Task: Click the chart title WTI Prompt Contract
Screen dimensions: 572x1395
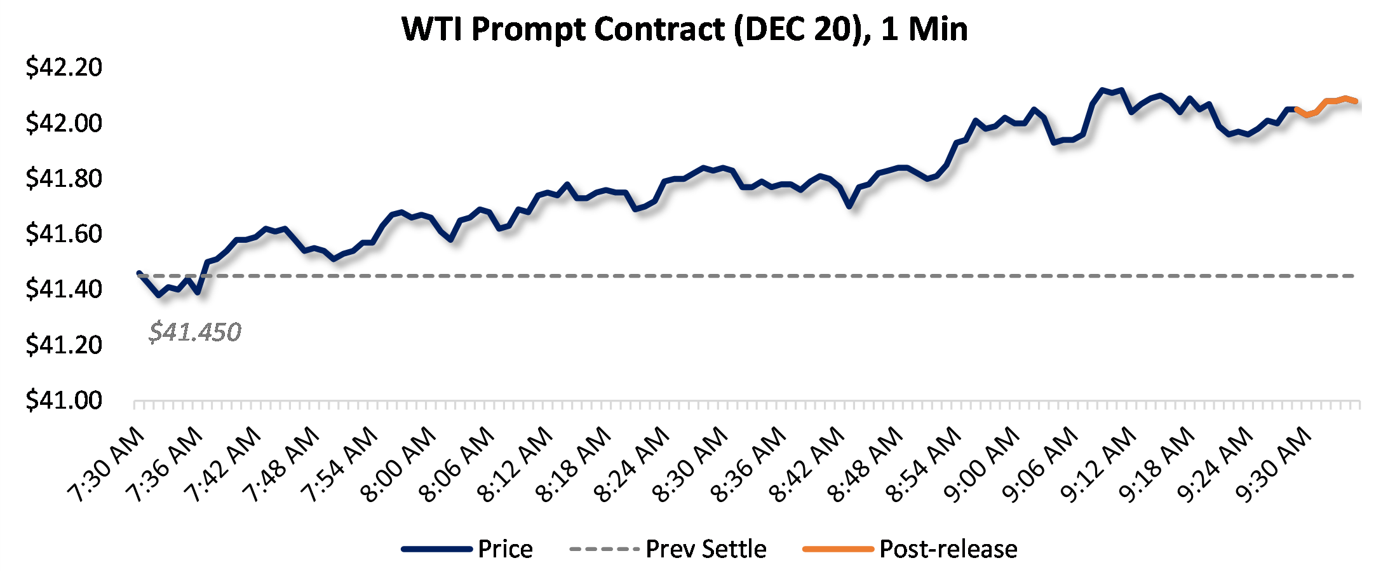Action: pyautogui.click(x=685, y=29)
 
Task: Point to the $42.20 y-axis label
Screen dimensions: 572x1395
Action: pyautogui.click(x=64, y=67)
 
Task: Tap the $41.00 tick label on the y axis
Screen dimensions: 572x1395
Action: pyautogui.click(x=64, y=400)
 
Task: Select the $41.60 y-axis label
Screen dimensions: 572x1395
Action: pyautogui.click(x=64, y=233)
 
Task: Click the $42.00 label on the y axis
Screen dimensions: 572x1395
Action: pyautogui.click(x=64, y=122)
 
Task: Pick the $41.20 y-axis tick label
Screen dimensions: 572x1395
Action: pyautogui.click(x=64, y=344)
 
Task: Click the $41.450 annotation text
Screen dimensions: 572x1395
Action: pyautogui.click(x=195, y=332)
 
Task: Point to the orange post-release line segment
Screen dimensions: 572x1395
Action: pyautogui.click(x=1328, y=101)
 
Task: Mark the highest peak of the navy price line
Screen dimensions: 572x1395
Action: pyautogui.click(x=1102, y=90)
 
